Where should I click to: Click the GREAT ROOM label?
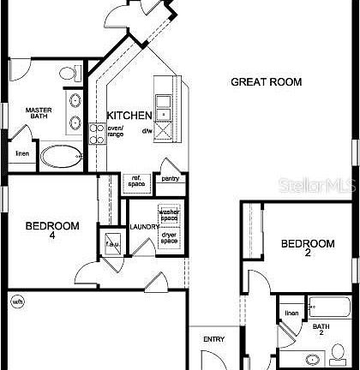point(267,82)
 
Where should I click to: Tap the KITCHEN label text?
point(129,115)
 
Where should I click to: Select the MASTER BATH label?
point(38,114)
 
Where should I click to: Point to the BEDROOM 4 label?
point(51,230)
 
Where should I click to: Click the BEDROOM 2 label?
point(308,248)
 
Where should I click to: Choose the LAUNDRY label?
point(144,227)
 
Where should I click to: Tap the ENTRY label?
point(213,340)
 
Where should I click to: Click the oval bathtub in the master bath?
point(63,156)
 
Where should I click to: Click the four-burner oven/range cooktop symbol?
point(97,132)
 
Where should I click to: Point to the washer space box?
point(168,215)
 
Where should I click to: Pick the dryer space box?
point(168,237)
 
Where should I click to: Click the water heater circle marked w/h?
point(17,301)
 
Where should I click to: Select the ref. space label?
point(136,181)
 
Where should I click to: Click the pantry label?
point(171,178)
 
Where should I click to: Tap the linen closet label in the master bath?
point(21,153)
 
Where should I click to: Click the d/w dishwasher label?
point(147,131)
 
